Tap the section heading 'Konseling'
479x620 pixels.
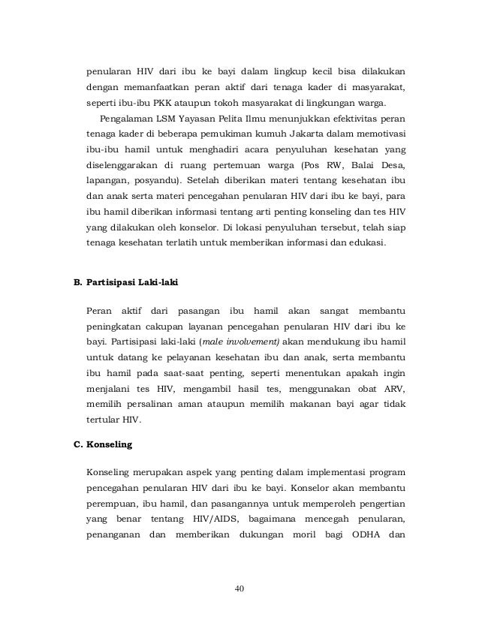tap(110, 444)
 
